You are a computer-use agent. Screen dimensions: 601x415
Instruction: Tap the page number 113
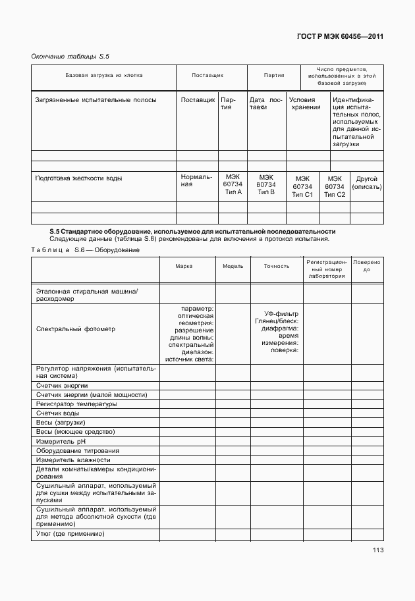point(377,550)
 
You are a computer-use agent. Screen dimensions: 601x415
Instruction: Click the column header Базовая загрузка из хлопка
point(103,76)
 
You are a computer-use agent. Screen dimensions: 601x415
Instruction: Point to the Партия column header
point(274,76)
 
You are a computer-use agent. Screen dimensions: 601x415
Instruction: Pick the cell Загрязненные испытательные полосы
point(96,100)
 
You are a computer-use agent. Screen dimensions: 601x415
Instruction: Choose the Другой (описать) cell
point(366,182)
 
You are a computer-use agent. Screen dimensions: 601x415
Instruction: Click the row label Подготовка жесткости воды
point(79,178)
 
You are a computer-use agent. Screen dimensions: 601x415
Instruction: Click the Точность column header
point(277,267)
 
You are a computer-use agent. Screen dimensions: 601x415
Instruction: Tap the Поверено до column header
point(366,267)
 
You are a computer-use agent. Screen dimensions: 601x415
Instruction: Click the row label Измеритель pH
point(61,441)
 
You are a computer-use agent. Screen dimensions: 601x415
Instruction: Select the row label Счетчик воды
point(58,413)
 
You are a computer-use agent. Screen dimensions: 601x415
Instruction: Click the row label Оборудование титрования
point(78,450)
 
